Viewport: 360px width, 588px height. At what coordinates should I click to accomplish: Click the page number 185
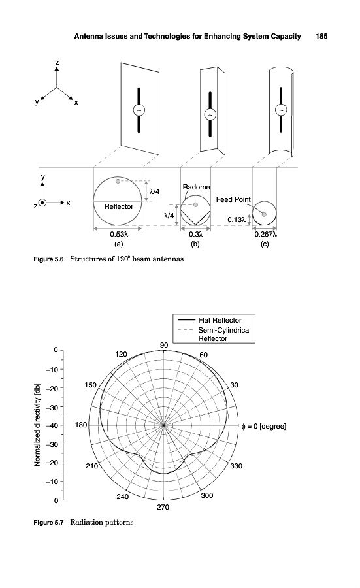pyautogui.click(x=321, y=36)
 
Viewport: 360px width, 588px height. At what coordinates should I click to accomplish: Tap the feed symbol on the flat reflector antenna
pyautogui.click(x=139, y=110)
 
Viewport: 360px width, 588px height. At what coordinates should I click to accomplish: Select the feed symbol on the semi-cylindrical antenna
pyautogui.click(x=281, y=110)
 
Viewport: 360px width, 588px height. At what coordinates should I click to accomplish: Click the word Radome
pyautogui.click(x=196, y=187)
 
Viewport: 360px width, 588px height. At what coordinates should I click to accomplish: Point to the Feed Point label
pyautogui.click(x=233, y=199)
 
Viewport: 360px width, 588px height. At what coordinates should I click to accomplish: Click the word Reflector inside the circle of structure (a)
pyautogui.click(x=118, y=206)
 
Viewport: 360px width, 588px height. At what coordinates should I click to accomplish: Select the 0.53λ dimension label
pyautogui.click(x=118, y=234)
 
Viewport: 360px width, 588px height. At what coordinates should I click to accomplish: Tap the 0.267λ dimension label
pyautogui.click(x=265, y=234)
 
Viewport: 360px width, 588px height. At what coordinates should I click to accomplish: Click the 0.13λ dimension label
pyautogui.click(x=237, y=220)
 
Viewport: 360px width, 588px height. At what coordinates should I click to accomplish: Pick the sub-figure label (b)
pyautogui.click(x=195, y=244)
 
